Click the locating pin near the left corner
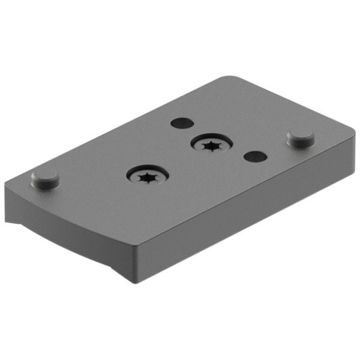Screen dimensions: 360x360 coord(45,178)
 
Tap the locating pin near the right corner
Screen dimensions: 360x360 coord(301,138)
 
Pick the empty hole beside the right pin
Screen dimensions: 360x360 coord(255,156)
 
